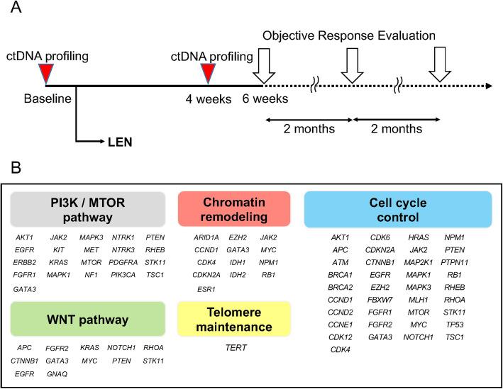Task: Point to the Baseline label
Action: (47, 98)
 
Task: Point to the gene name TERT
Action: (233, 348)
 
